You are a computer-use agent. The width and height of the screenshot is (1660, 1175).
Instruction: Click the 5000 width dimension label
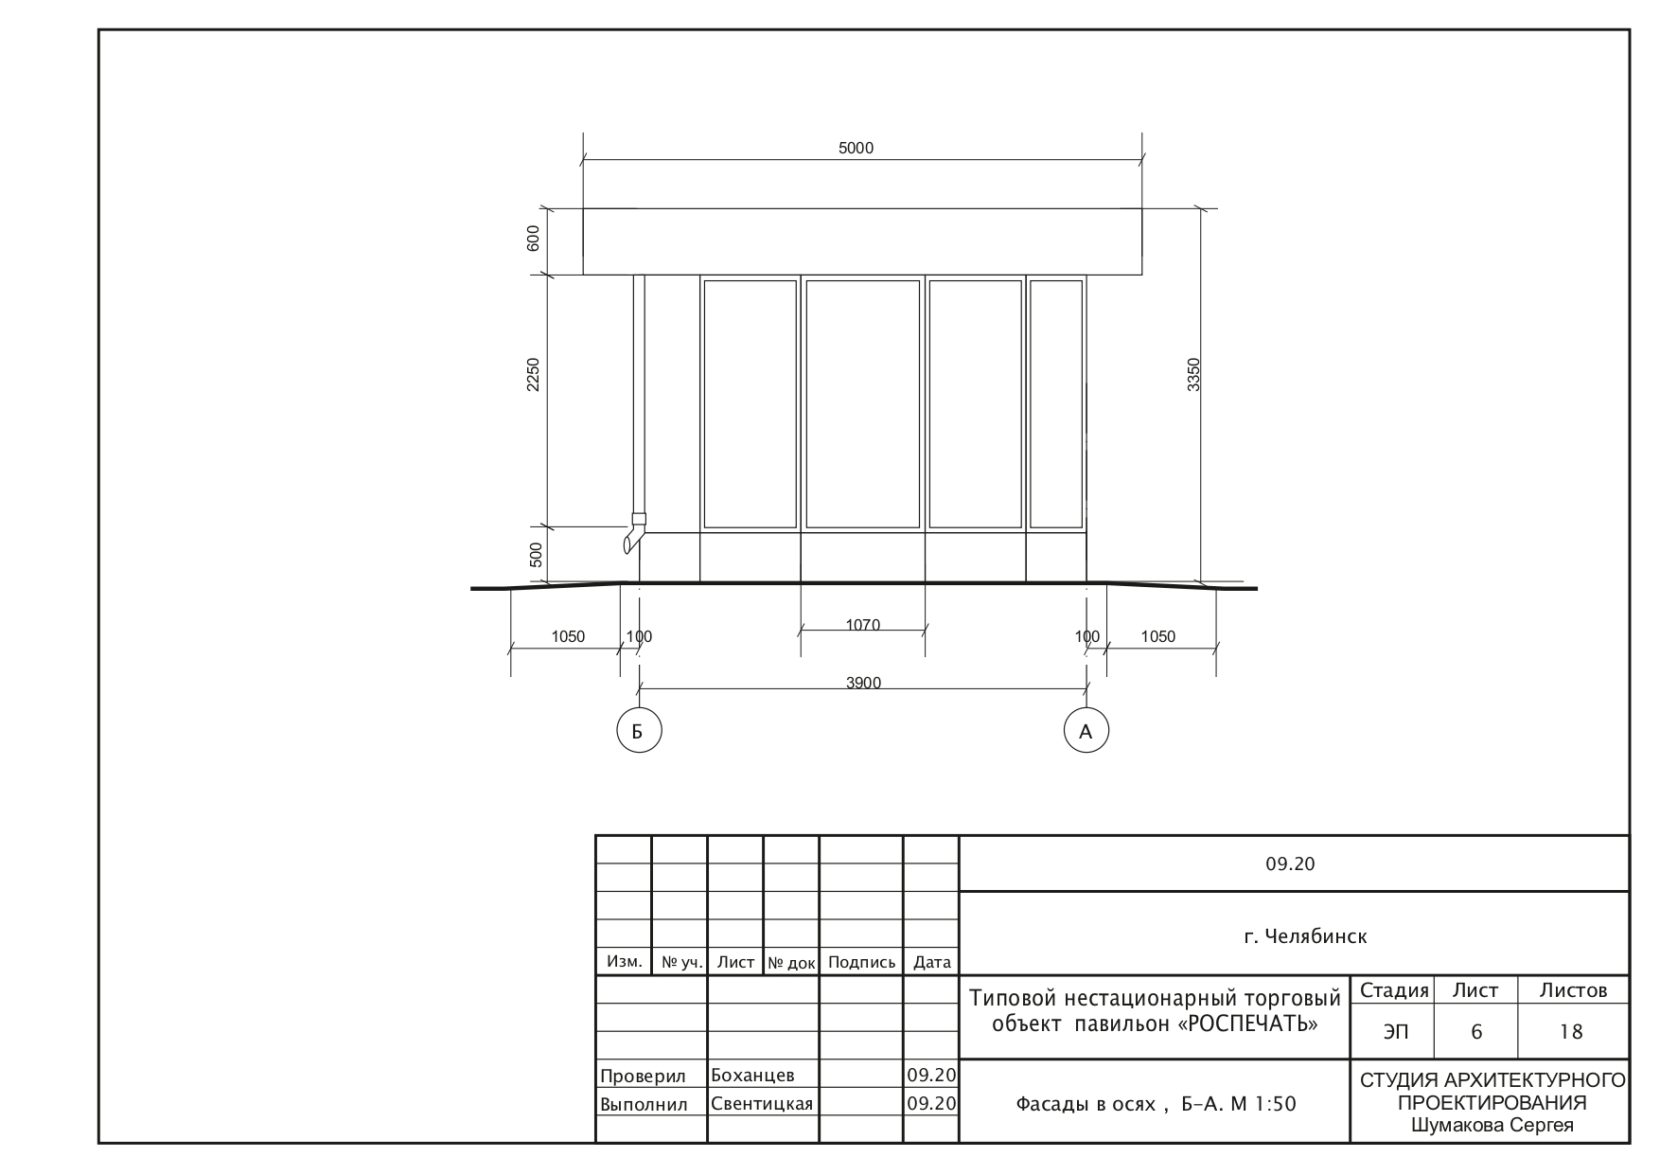[x=856, y=148]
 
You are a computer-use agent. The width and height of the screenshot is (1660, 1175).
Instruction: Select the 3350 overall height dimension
[x=1194, y=374]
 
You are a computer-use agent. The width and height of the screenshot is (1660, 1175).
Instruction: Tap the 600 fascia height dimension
[x=533, y=238]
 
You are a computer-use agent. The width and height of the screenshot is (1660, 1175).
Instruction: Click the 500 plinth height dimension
[x=536, y=554]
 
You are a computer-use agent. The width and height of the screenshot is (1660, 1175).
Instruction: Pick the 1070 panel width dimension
[x=862, y=625]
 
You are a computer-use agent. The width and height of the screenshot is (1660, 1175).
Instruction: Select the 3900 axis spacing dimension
[x=863, y=683]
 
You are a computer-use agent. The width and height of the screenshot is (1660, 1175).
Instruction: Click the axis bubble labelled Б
[x=639, y=731]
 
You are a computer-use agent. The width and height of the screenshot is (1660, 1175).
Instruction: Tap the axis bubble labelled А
[x=1086, y=731]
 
